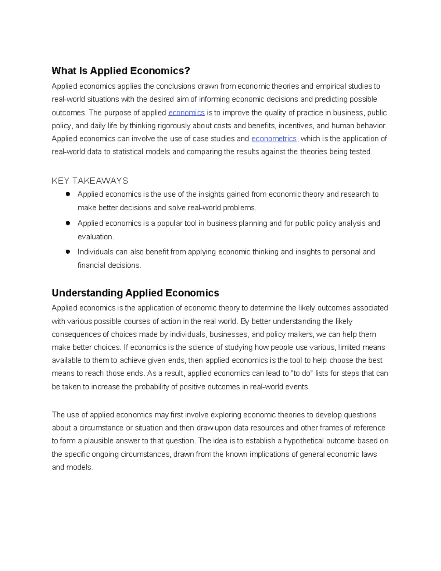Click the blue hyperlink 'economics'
186,113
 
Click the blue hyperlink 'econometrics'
274,139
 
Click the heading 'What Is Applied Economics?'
121,71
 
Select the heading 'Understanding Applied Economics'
135,293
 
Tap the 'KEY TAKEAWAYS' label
90,181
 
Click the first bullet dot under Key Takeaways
68,194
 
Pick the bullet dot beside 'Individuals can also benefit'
68,252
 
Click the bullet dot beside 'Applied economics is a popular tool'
68,223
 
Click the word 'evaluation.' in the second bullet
96,237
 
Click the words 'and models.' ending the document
72,467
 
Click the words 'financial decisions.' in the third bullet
109,265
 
